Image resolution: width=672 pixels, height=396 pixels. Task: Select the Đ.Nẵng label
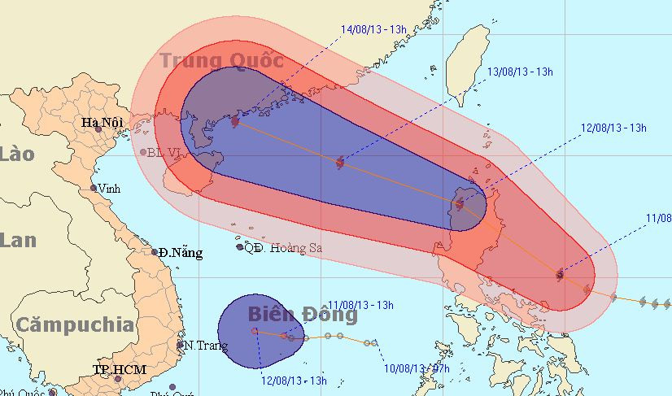[x=181, y=252]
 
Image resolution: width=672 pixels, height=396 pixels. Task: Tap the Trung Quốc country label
[x=221, y=61]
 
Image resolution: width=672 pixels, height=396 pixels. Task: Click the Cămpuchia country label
[x=76, y=325]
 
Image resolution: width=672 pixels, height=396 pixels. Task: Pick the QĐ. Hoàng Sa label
[x=281, y=248]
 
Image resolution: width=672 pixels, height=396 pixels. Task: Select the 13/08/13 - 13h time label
[x=520, y=72]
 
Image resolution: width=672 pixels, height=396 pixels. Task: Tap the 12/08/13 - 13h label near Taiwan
[x=613, y=128]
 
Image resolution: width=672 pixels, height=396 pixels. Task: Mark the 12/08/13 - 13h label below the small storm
[x=294, y=380]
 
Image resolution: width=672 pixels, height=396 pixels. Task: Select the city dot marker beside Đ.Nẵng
[x=155, y=252]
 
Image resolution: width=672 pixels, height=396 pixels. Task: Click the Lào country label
[x=17, y=154]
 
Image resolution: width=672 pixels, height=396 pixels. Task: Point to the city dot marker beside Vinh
[x=94, y=188]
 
